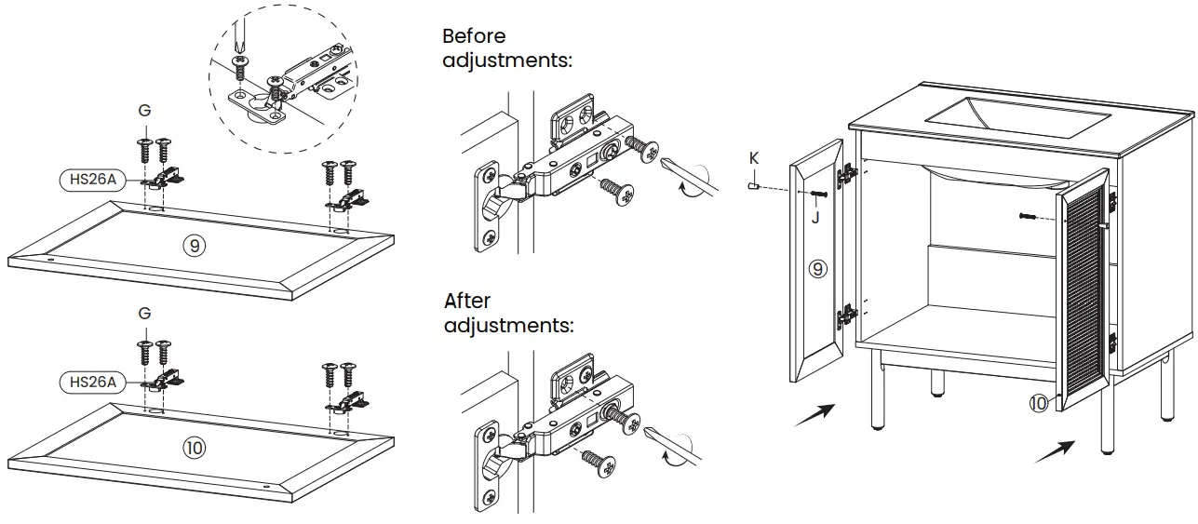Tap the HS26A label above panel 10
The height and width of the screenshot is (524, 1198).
point(89,382)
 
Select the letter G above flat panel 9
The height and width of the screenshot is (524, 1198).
point(144,111)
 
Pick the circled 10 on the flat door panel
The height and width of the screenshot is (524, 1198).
point(194,448)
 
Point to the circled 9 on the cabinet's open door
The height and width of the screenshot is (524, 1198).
point(817,269)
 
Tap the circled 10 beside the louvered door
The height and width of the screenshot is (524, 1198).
point(1038,403)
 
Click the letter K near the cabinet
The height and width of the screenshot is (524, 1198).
point(754,158)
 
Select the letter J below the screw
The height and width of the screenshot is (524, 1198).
point(815,218)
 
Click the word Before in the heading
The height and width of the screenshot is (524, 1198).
point(474,36)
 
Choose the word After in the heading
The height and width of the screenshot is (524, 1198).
point(467,302)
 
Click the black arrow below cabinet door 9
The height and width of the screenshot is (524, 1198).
point(814,415)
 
